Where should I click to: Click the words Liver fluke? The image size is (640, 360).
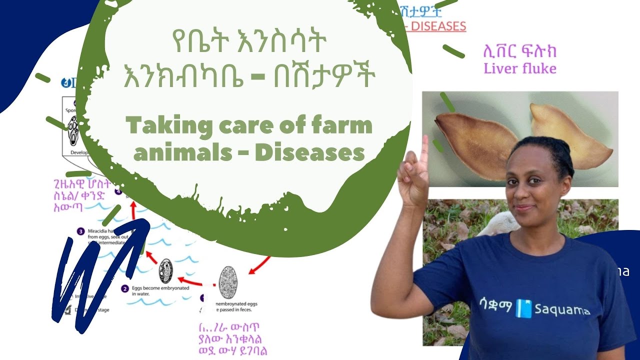coord(520,68)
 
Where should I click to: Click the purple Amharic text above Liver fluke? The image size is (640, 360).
coord(519,51)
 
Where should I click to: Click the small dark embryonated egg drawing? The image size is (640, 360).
coord(165,271)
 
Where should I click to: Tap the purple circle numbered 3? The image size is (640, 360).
coord(80,231)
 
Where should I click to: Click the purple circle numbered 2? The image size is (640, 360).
coord(125,288)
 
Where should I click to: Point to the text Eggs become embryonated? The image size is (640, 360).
coord(155,288)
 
